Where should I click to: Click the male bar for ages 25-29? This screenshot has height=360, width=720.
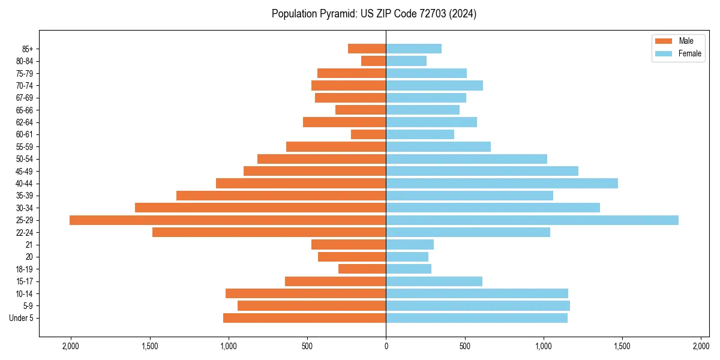pyautogui.click(x=228, y=220)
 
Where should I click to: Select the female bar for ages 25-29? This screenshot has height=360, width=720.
pyautogui.click(x=532, y=220)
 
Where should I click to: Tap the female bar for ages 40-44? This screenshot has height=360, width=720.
pyautogui.click(x=502, y=184)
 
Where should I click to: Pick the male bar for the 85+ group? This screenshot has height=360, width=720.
pyautogui.click(x=367, y=49)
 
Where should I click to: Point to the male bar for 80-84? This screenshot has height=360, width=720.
pyautogui.click(x=373, y=61)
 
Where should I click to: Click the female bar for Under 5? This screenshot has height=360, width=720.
pyautogui.click(x=476, y=318)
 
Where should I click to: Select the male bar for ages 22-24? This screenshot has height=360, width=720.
pyautogui.click(x=269, y=232)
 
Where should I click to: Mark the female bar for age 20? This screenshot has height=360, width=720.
pyautogui.click(x=407, y=257)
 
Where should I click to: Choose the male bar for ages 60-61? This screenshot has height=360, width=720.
pyautogui.click(x=368, y=134)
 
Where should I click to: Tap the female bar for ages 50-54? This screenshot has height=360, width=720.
pyautogui.click(x=466, y=159)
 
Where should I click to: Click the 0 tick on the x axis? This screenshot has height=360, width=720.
pyautogui.click(x=386, y=346)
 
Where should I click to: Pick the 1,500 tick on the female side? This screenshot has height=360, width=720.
pyautogui.click(x=622, y=346)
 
